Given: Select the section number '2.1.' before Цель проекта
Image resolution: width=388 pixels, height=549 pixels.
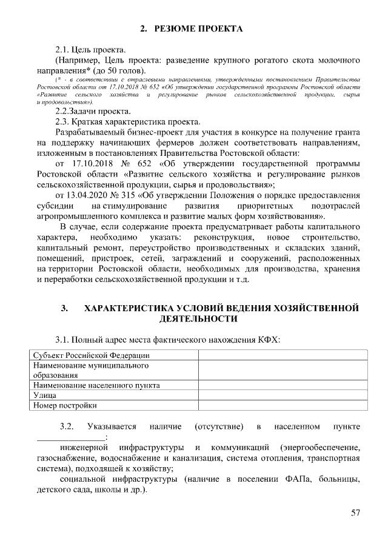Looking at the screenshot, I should click(63, 49).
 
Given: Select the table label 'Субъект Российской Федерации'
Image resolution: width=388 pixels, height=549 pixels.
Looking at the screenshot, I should click(91, 355).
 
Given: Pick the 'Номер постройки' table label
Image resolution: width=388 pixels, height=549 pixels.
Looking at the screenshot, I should click(65, 405).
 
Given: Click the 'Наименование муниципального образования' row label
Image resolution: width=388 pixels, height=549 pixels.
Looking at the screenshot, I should click(91, 370).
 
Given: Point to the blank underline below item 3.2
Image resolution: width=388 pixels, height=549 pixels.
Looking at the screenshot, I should click(70, 437).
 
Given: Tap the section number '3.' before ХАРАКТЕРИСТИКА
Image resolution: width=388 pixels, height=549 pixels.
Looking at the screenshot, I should click(64, 308).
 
